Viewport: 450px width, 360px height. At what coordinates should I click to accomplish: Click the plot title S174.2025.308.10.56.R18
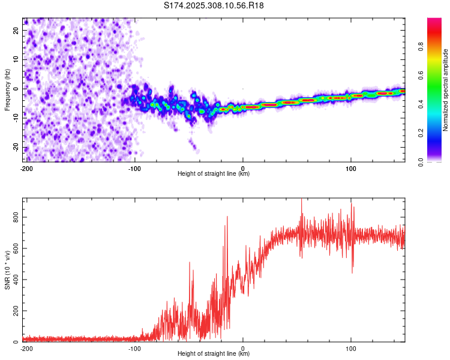[214, 5]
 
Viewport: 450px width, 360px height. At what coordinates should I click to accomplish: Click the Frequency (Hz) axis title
[7, 90]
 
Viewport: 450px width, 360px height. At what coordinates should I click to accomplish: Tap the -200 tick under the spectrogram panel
[26, 168]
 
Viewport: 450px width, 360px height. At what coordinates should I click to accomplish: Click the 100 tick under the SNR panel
[351, 348]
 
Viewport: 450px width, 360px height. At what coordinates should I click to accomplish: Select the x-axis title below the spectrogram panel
[214, 174]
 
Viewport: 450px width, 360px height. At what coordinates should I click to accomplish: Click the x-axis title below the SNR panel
[214, 354]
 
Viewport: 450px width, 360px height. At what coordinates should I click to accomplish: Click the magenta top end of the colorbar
[434, 21]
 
